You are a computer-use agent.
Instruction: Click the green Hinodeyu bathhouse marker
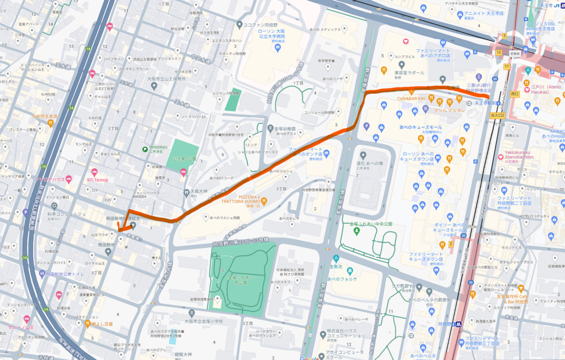145,149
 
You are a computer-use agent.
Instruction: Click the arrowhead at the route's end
120,228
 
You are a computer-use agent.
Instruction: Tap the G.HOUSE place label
47,94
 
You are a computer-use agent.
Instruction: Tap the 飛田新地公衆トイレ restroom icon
43,273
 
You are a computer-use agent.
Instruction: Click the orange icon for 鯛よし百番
87,323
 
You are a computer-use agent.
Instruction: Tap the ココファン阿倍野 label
264,24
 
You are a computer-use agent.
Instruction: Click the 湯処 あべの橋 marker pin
363,156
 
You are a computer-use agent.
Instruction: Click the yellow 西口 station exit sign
515,94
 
